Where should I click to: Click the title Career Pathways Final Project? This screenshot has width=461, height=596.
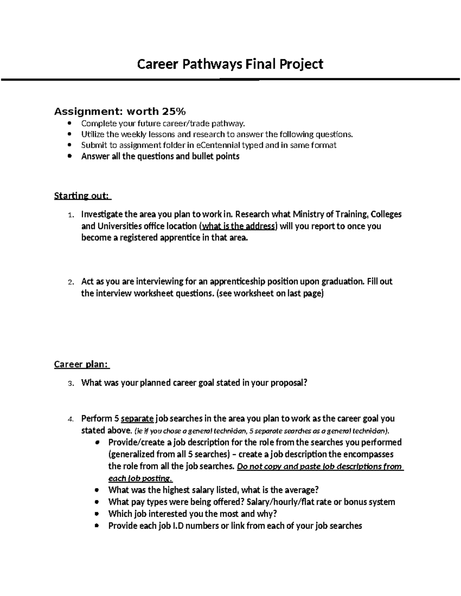(x=230, y=64)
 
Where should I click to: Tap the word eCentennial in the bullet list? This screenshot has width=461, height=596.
(x=218, y=145)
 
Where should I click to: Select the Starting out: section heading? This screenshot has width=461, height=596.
(x=82, y=196)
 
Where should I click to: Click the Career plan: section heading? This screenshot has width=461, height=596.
(x=81, y=364)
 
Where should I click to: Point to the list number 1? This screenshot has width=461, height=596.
(x=70, y=215)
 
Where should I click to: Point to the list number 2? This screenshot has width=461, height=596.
(x=70, y=282)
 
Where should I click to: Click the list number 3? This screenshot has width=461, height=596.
(x=70, y=383)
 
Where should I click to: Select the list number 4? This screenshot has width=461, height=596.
(x=70, y=419)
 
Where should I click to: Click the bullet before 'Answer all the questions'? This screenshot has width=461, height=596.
(x=69, y=157)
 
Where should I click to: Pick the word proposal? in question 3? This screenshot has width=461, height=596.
(x=289, y=383)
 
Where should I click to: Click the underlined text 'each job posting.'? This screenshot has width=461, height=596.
(x=141, y=479)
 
